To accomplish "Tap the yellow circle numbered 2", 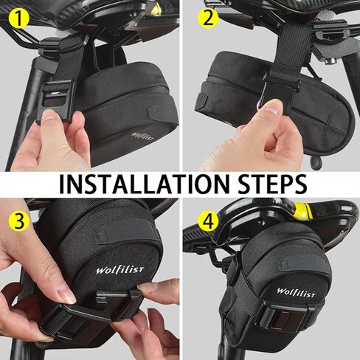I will coord(209,18).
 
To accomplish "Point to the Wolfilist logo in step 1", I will coord(143,136).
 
